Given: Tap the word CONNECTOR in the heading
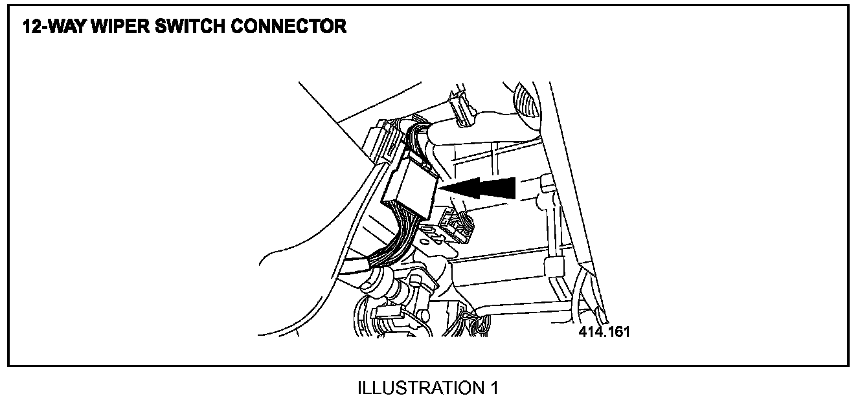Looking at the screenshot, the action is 299,27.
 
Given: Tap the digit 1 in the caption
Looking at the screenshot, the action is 495,388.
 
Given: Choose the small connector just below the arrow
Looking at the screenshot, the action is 457,226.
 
